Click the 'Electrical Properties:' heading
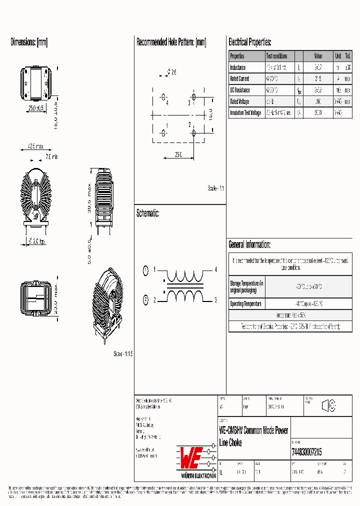[x=250, y=42]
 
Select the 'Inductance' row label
[x=238, y=67]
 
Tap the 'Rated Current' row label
[x=239, y=79]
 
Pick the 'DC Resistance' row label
[x=239, y=90]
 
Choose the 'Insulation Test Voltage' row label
[x=245, y=113]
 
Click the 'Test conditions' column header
[x=276, y=56]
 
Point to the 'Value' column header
[x=318, y=56]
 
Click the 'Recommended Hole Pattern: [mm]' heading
[x=171, y=42]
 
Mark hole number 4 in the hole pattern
[x=163, y=96]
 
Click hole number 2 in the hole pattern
[x=194, y=133]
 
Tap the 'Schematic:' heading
[x=147, y=213]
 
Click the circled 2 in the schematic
[x=145, y=300]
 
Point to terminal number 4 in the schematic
[x=215, y=270]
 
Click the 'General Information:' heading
[x=249, y=244]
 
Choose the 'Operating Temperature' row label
[x=245, y=303]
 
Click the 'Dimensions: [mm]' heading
[x=29, y=42]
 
